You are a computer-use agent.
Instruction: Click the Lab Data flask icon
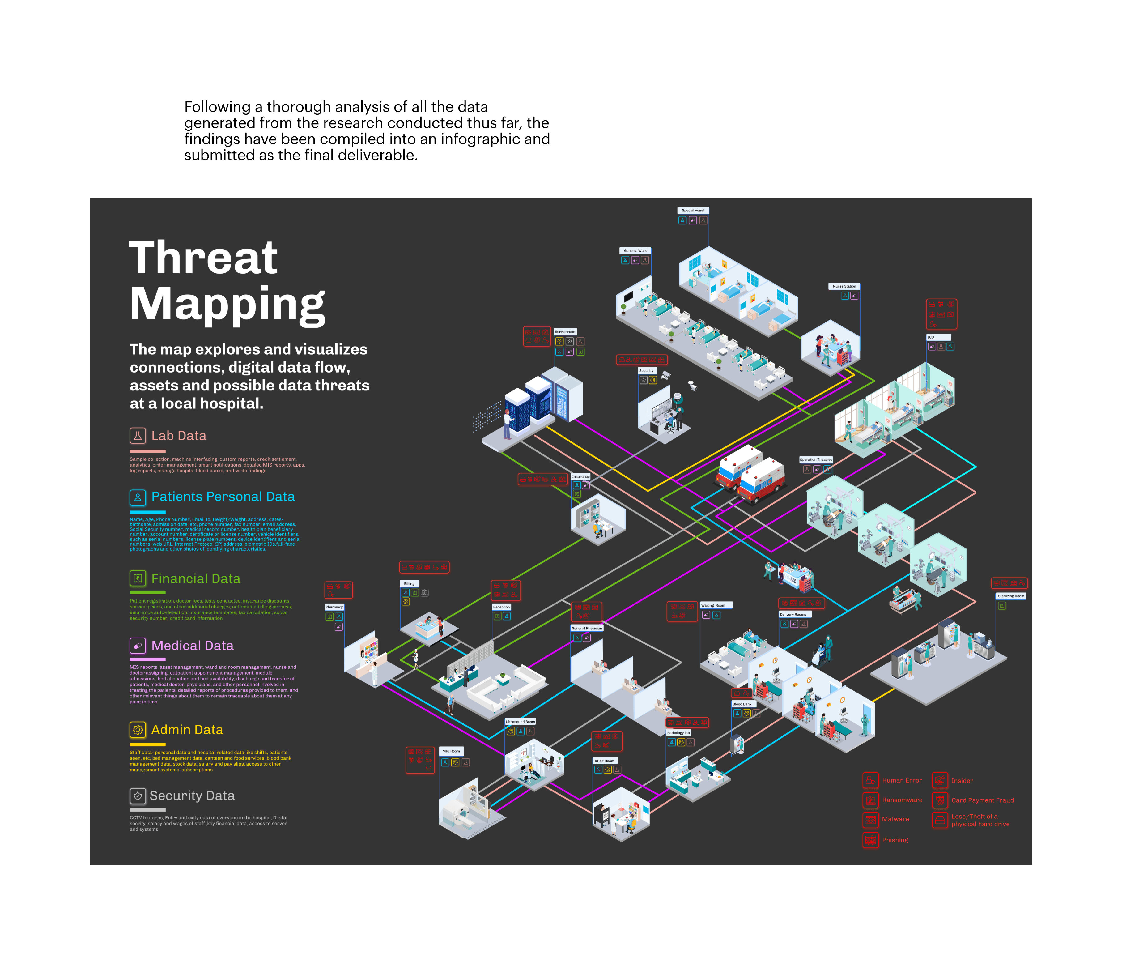click(x=138, y=435)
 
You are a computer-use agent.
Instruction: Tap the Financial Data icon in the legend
click(x=138, y=578)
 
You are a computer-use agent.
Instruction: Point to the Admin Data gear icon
click(x=138, y=730)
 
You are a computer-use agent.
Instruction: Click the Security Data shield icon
click(x=138, y=796)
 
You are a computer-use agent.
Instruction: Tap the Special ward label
click(x=693, y=210)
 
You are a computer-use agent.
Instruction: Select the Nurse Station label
click(x=844, y=286)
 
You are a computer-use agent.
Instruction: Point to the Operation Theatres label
click(x=815, y=459)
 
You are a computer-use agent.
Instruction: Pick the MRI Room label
click(x=451, y=751)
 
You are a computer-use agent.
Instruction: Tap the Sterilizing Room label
click(x=1010, y=596)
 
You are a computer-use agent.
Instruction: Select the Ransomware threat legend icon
click(x=870, y=800)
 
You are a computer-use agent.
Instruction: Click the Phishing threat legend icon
click(x=870, y=840)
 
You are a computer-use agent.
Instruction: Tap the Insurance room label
click(x=580, y=476)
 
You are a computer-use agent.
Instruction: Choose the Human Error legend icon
click(x=870, y=780)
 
